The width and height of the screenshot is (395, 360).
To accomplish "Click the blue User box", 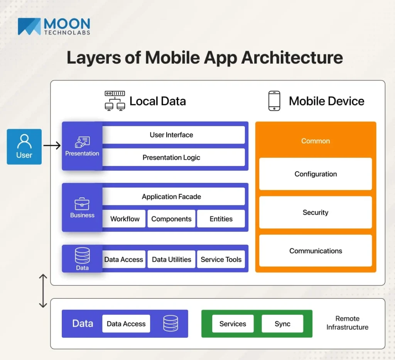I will (x=24, y=147).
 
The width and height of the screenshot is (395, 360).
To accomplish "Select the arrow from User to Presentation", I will (x=52, y=145).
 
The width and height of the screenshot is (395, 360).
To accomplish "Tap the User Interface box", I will (x=171, y=135).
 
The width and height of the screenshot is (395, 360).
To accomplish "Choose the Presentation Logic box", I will (x=171, y=157).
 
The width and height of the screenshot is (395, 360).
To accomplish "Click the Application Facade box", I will (x=171, y=196).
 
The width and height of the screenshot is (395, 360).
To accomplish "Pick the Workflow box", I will (x=125, y=219).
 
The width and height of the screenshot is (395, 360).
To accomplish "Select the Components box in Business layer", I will (x=171, y=219).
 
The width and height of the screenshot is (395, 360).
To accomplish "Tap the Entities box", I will (x=221, y=219).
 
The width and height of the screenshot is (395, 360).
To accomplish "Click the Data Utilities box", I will (x=171, y=259).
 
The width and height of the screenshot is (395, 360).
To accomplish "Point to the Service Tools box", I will (x=221, y=259).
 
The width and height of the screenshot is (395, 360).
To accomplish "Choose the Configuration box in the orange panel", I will (x=316, y=174).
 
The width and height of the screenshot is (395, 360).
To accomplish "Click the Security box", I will (x=316, y=212).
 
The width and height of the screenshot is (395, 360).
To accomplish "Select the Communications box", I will (x=316, y=251).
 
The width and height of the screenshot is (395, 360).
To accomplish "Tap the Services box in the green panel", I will (x=233, y=324).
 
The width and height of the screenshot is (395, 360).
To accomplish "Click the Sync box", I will (x=282, y=324).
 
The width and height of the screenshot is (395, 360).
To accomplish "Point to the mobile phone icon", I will (x=274, y=101).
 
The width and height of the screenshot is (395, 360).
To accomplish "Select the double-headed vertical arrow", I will (x=43, y=291).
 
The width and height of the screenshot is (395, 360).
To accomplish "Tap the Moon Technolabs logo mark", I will (x=29, y=27).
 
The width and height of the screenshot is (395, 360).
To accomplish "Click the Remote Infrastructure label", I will (x=347, y=323).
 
